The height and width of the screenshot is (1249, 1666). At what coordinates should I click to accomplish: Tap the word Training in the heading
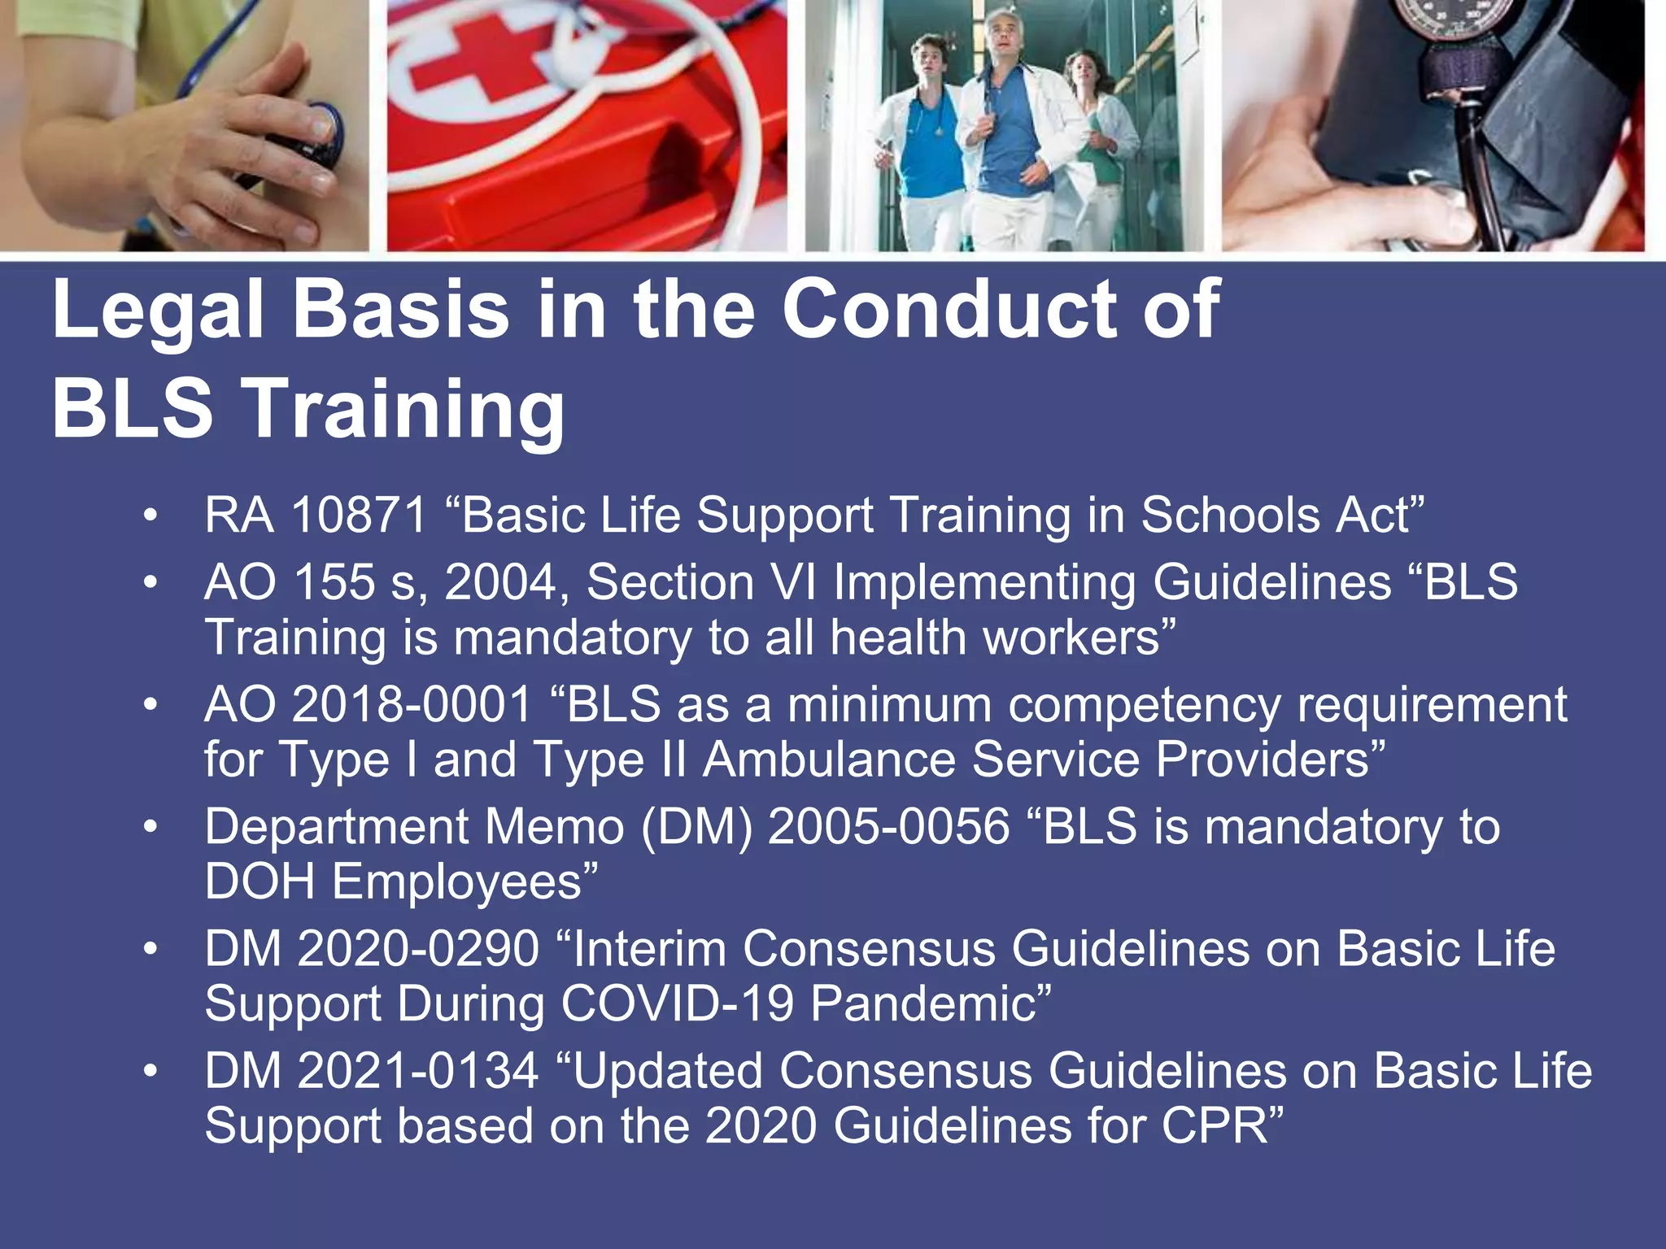[404, 409]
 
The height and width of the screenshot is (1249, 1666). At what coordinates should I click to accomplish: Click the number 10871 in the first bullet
[359, 516]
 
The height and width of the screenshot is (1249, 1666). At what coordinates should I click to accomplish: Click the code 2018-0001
[411, 705]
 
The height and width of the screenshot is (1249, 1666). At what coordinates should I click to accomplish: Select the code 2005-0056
[888, 827]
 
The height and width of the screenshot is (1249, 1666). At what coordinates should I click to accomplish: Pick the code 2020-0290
[418, 949]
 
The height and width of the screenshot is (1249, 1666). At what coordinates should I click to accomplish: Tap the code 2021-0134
[418, 1071]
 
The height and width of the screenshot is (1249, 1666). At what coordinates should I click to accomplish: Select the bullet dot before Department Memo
[150, 827]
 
